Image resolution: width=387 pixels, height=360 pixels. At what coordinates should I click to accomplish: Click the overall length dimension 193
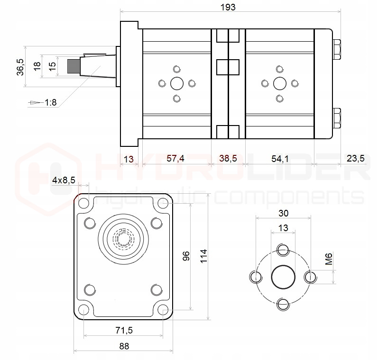(228, 7)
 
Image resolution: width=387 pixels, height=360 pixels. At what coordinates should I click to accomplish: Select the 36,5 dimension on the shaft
(19, 67)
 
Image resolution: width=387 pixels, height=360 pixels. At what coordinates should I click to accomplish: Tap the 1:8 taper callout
(51, 102)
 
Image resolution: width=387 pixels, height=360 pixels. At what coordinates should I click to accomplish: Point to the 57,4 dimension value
(175, 159)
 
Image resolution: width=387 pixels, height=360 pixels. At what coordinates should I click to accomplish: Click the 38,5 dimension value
(228, 159)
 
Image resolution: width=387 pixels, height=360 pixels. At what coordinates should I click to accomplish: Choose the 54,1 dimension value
(280, 159)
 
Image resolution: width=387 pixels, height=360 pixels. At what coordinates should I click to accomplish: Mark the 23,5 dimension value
(356, 159)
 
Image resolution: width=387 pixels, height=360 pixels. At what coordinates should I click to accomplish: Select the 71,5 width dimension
(124, 330)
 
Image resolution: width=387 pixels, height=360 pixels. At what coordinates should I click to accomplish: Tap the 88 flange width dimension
(124, 346)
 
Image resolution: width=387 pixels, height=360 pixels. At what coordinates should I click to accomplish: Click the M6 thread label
(329, 260)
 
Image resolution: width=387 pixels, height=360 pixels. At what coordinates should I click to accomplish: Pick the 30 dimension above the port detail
(283, 213)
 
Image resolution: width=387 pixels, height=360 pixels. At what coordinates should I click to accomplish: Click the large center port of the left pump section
(177, 84)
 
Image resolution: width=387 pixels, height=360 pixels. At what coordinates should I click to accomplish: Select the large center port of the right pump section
(280, 84)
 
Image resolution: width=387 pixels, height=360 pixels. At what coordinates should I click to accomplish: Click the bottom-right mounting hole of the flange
(164, 310)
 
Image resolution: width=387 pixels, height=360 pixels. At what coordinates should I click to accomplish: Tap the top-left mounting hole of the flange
(84, 204)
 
